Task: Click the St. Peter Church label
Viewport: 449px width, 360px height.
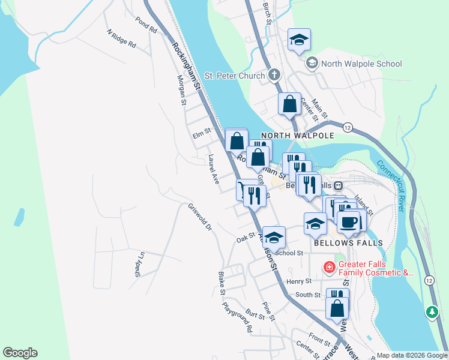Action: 234,76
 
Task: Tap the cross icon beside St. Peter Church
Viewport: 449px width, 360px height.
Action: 274,76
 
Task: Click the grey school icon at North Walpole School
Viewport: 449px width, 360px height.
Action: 312,62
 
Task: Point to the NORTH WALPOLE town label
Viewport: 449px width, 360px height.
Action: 297,136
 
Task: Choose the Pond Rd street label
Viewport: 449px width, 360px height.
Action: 146,25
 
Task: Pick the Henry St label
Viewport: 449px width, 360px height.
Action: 300,281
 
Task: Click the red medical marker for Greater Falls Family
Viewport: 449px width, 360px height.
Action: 330,267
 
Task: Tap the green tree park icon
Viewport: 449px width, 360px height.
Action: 432,312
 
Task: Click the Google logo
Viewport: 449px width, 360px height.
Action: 20,353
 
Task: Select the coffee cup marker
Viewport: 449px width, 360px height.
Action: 349,223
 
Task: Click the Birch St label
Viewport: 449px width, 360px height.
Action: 267,13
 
